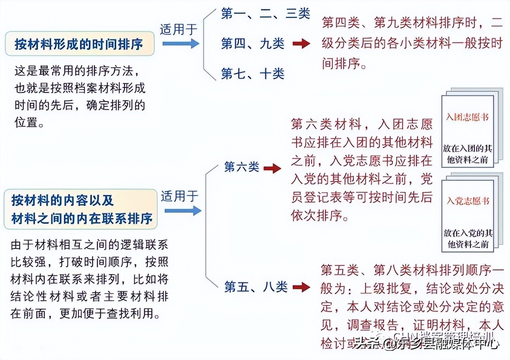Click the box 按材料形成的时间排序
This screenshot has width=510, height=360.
pyautogui.click(x=79, y=44)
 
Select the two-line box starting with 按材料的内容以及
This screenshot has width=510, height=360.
pyautogui.click(x=81, y=209)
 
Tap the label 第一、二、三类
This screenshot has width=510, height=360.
pyautogui.click(x=265, y=14)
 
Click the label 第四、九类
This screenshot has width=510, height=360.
pyautogui.click(x=252, y=44)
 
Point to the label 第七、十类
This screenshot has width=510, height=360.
pyautogui.click(x=252, y=74)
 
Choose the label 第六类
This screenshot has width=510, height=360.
pyautogui.click(x=241, y=167)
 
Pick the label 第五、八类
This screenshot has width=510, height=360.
pyautogui.click(x=256, y=287)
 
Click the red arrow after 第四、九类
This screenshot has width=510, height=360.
pyautogui.click(x=301, y=44)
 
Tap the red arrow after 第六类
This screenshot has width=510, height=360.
pyautogui.click(x=272, y=168)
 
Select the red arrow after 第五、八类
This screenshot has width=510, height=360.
pyautogui.click(x=301, y=287)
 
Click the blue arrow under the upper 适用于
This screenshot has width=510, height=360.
pyautogui.click(x=180, y=44)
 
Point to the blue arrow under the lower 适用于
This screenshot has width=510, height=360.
pyautogui.click(x=183, y=211)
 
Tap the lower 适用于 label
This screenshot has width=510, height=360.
pyautogui.click(x=179, y=196)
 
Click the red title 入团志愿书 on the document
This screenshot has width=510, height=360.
pyautogui.click(x=467, y=117)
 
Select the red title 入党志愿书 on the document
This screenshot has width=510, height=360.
pyautogui.click(x=468, y=201)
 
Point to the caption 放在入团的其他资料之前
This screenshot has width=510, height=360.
pyautogui.click(x=468, y=154)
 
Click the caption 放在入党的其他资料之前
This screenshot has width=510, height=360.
pyautogui.click(x=468, y=238)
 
